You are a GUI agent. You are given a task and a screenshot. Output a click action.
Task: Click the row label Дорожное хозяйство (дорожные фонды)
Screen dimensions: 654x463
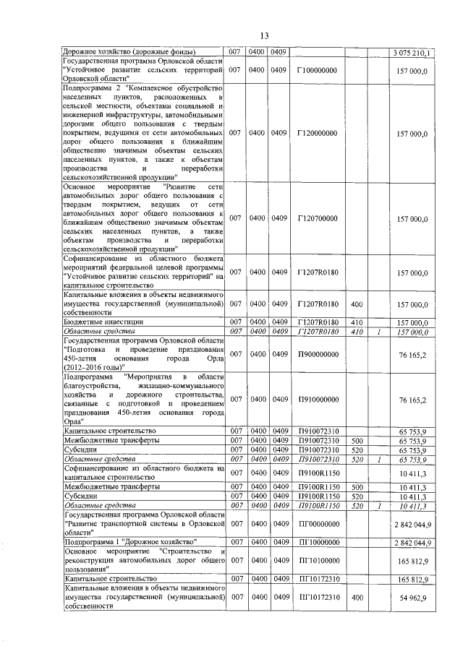click(x=116, y=53)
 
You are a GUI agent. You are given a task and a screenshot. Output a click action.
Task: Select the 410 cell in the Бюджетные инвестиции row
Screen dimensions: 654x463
click(x=356, y=322)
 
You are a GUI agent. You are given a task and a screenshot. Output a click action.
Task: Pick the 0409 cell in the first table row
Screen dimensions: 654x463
click(x=279, y=53)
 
